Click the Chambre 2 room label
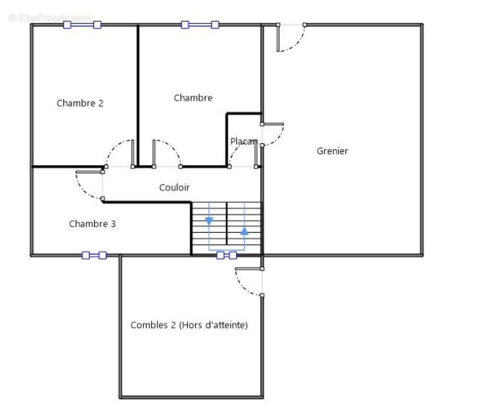tap(80, 103)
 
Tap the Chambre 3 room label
tap(92, 224)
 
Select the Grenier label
tap(332, 151)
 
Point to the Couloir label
tap(174, 188)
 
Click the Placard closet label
tap(243, 142)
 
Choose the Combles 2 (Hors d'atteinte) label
tap(189, 325)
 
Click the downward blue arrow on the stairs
tap(209, 220)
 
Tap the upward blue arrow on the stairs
tap(244, 230)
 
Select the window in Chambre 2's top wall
tap(82, 25)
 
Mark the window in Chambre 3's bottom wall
tap(94, 255)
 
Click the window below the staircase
tap(226, 255)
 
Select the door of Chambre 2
tap(120, 153)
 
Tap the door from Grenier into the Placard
tap(273, 134)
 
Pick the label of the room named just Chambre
tap(193, 98)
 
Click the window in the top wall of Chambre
tap(200, 25)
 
